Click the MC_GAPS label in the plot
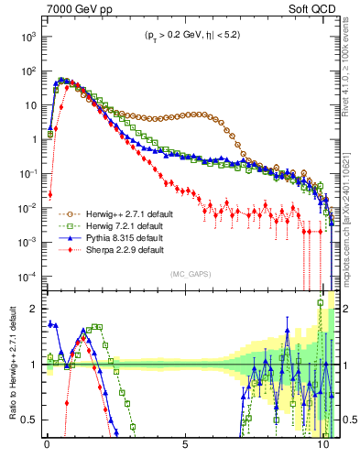187,273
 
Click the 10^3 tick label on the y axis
27,36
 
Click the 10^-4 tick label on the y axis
26,277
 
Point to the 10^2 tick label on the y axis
27,71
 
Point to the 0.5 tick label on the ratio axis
29,420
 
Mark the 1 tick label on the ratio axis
34,365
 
